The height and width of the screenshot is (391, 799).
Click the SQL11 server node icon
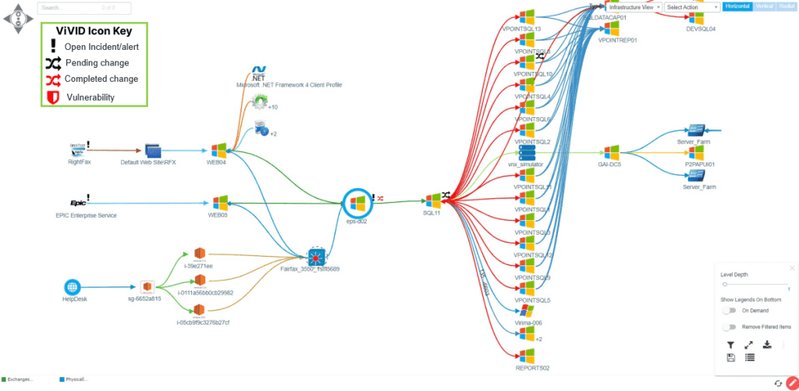[433, 201]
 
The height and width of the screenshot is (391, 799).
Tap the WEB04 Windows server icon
[218, 149]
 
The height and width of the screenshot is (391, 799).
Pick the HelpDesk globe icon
[72, 287]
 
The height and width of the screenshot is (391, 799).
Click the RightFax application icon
[78, 149]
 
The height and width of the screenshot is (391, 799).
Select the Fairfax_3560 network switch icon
[315, 255]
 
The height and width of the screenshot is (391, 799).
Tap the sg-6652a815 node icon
[145, 287]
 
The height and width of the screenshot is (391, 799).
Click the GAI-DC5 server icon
[610, 152]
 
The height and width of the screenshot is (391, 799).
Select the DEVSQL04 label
[700, 29]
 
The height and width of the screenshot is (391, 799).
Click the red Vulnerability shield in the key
[52, 97]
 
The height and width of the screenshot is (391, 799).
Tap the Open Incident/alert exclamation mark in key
[52, 46]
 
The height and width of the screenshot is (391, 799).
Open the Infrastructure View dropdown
[634, 7]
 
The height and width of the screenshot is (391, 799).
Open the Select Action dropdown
[692, 7]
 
